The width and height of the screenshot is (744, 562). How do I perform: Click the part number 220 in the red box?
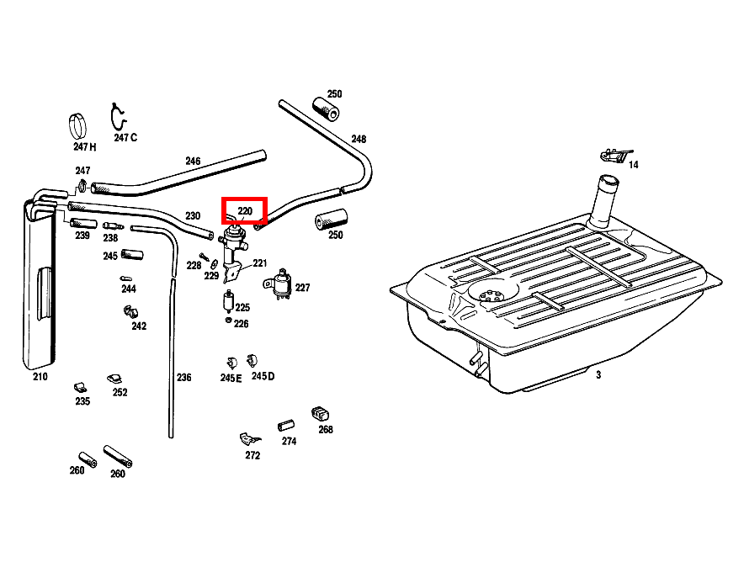(245, 211)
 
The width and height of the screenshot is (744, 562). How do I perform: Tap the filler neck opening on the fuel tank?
(608, 181)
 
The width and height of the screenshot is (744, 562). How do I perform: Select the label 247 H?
(84, 147)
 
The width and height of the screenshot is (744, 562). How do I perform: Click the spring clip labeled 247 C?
(118, 117)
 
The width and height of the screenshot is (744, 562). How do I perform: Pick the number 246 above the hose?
(193, 162)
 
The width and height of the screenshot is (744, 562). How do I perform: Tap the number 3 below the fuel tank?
(598, 374)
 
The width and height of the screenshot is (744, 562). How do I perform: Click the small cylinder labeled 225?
(228, 301)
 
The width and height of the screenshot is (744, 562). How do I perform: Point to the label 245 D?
(263, 376)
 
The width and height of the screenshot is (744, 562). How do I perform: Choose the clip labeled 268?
(321, 413)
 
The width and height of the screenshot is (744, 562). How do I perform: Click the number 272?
(252, 455)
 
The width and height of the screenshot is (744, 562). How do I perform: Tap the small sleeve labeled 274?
(285, 426)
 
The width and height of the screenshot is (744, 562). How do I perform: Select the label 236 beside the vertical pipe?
(183, 378)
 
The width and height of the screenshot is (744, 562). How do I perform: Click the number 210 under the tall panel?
(40, 377)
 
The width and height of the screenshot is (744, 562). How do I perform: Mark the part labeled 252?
(114, 379)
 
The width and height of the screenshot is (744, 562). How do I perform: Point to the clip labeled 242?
(130, 312)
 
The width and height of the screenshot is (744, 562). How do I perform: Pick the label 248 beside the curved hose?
(359, 139)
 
